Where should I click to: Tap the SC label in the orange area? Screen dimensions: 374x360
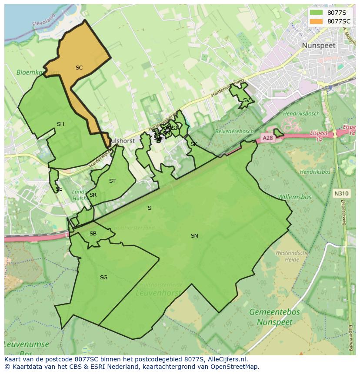(x=79, y=68)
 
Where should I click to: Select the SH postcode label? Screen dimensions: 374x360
(x=60, y=124)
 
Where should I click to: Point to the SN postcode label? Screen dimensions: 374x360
(x=194, y=236)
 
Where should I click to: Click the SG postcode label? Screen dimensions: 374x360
(x=103, y=278)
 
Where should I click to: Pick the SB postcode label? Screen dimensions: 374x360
(x=93, y=234)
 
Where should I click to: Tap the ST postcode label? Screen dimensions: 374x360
(x=113, y=181)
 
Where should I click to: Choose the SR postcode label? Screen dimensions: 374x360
(x=93, y=195)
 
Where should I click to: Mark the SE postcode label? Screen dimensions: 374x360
(x=59, y=189)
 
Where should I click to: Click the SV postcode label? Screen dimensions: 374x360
(x=246, y=100)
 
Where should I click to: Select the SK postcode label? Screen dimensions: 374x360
(x=194, y=144)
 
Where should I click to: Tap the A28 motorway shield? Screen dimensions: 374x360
(x=267, y=138)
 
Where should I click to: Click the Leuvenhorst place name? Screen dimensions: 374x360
(x=158, y=293)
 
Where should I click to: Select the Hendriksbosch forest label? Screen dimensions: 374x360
(x=301, y=113)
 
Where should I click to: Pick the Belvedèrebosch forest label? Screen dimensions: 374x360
(x=234, y=131)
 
